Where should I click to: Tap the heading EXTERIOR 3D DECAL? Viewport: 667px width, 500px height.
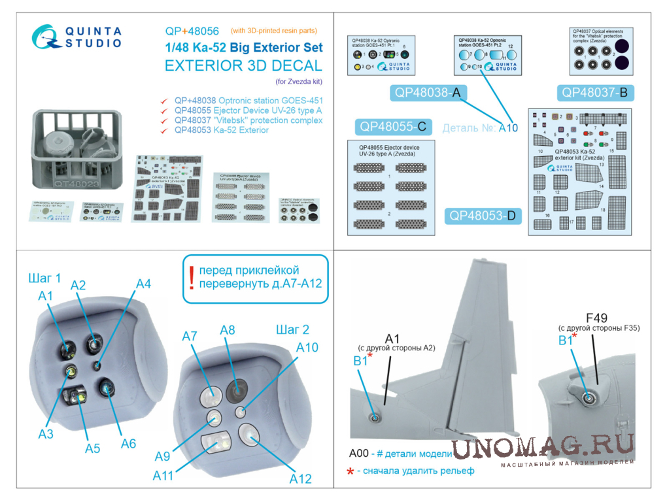coord(243,66)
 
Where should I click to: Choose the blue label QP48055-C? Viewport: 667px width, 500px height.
coord(392,127)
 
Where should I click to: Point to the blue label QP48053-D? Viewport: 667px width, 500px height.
coord(483,216)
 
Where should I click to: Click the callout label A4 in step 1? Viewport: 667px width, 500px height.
coord(143,284)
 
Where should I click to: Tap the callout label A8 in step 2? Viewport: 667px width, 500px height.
coord(228,330)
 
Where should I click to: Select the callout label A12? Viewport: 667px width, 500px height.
coord(300,478)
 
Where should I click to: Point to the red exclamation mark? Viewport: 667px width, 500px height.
coord(191,277)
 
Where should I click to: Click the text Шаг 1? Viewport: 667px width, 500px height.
coord(45,277)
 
